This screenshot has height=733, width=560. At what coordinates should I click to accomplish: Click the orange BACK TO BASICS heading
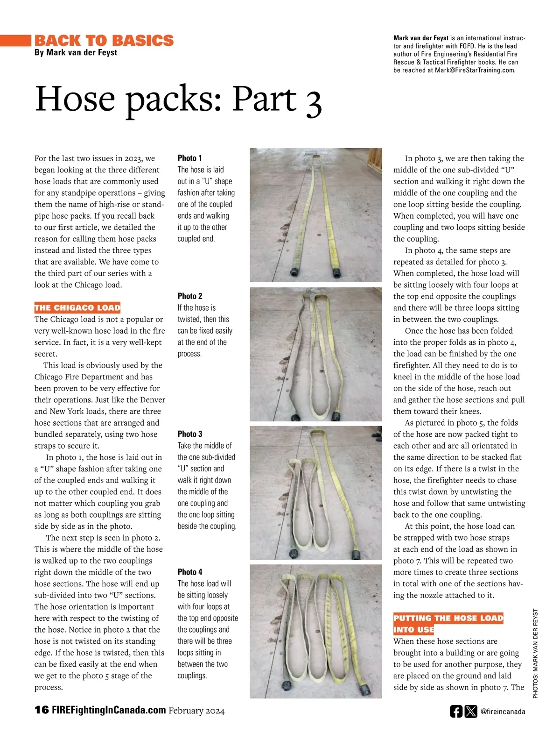coord(104,41)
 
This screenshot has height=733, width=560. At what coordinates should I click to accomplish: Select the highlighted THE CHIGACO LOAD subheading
coord(77,307)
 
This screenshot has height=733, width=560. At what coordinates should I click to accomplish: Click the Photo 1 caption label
coord(189,158)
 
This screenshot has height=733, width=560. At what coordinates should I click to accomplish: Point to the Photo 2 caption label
coord(189,296)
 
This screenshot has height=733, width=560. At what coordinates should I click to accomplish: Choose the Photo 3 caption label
coord(189,434)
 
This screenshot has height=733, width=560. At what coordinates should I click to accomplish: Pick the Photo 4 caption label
coord(189,571)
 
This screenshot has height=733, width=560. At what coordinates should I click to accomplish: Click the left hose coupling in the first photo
coord(295,272)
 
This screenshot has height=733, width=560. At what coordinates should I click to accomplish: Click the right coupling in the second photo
coord(336,415)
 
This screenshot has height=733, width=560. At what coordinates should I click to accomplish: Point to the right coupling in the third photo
coord(356,554)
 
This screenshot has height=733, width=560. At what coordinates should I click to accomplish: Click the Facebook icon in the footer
coord(456,711)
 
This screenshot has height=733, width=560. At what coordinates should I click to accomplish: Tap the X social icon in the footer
coord(471,711)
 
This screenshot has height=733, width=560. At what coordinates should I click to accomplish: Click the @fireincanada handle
coord(503,712)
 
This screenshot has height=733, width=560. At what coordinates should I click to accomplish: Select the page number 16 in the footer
coord(42,710)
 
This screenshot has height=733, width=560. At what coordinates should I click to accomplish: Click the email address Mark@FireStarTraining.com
coord(475,70)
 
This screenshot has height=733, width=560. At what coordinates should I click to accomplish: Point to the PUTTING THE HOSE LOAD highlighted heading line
coord(448,618)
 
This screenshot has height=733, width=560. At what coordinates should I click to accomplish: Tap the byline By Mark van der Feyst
coord(76,52)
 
